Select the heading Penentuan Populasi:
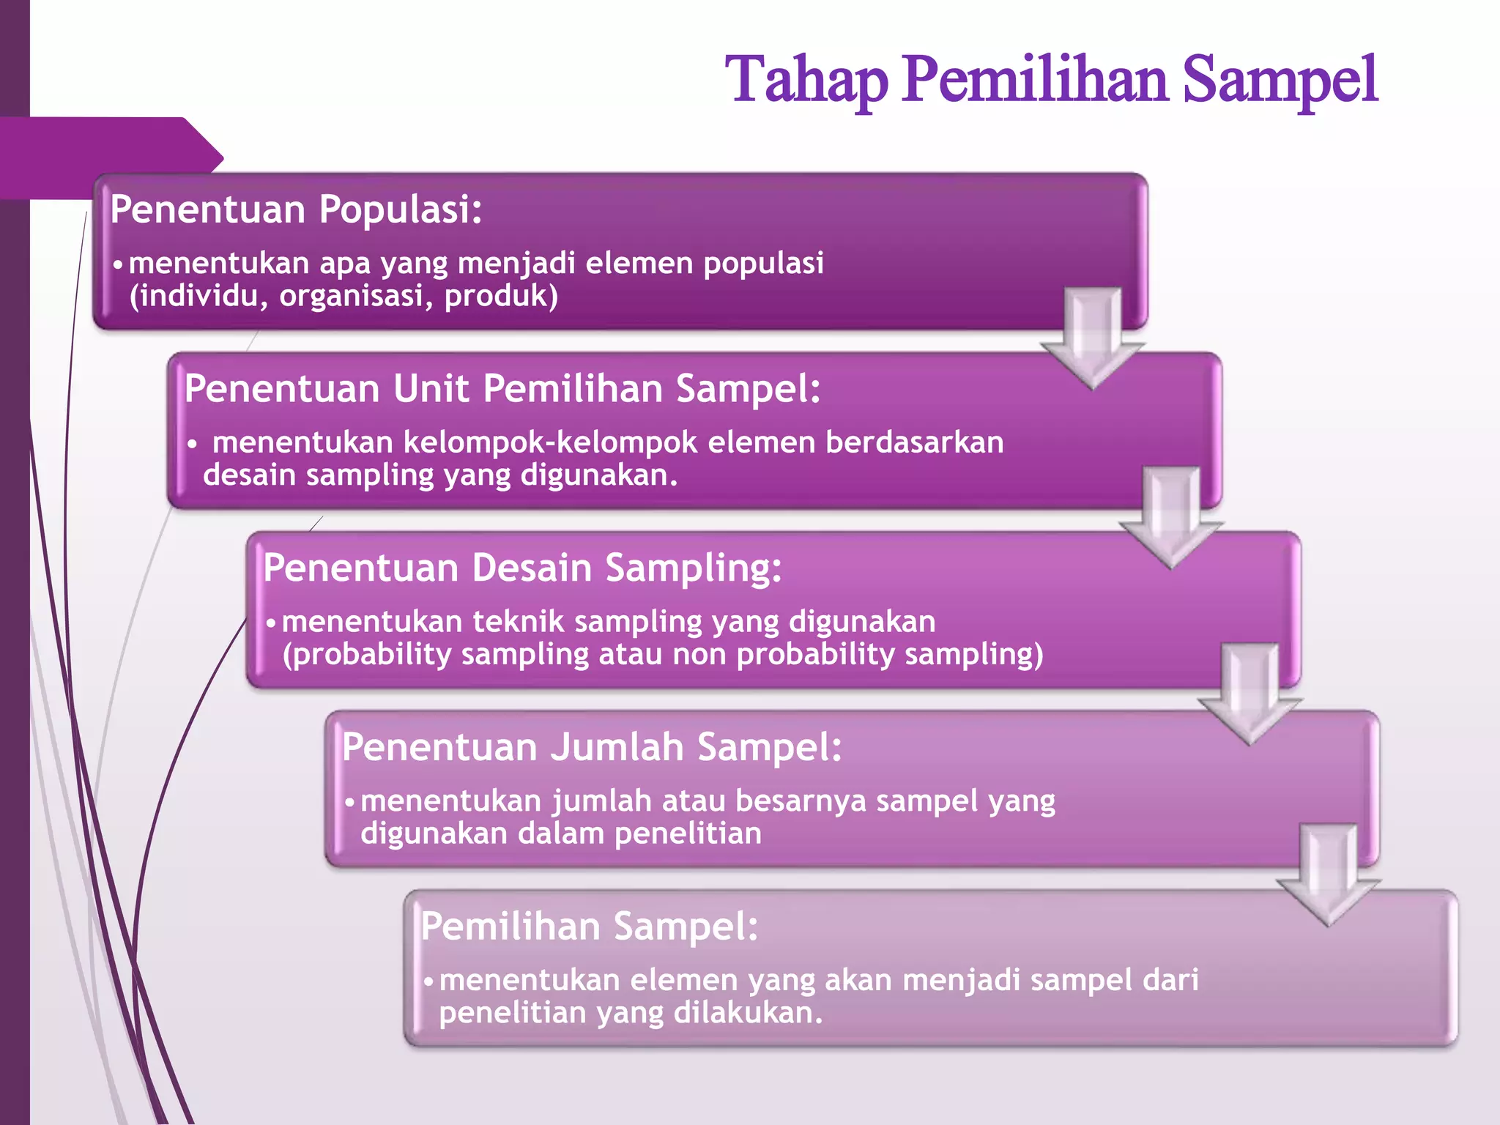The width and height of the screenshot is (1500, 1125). tap(296, 209)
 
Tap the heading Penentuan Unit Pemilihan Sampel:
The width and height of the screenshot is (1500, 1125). tap(502, 389)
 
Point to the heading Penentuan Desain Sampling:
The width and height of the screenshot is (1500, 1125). tap(522, 568)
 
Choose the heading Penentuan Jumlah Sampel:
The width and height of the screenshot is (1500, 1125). tap(592, 748)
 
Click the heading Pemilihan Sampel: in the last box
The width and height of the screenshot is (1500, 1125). tap(589, 927)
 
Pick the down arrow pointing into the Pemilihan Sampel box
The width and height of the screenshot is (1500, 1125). tap(1328, 875)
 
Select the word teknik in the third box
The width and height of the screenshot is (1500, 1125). tap(518, 623)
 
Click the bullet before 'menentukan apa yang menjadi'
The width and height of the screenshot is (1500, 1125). tap(117, 264)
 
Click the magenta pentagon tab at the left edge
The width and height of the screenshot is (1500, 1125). tap(110, 157)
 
